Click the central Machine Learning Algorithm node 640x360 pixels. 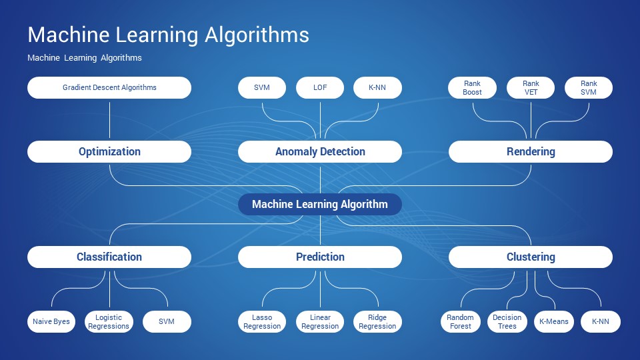pos(320,204)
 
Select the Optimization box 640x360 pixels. pos(109,152)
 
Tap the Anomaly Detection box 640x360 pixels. pos(320,152)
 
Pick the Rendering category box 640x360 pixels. pos(531,152)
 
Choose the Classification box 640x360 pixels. pos(109,257)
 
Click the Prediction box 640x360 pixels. pos(320,257)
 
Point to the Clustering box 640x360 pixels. pos(531,257)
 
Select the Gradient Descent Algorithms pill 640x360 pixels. pos(109,88)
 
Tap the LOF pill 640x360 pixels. pos(320,88)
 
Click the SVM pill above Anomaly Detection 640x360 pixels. pos(262,88)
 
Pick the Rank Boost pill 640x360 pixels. pos(472,88)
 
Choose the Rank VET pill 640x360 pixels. pos(531,88)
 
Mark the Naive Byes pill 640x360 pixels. pos(51,321)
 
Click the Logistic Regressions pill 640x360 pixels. pos(109,321)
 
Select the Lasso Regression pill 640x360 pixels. pos(262,321)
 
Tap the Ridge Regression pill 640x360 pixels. pos(377,321)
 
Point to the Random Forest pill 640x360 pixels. pos(461,321)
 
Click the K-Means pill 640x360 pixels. pos(554,321)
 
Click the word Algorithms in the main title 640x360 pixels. pos(257,35)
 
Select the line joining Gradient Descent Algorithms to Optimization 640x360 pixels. pos(109,120)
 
